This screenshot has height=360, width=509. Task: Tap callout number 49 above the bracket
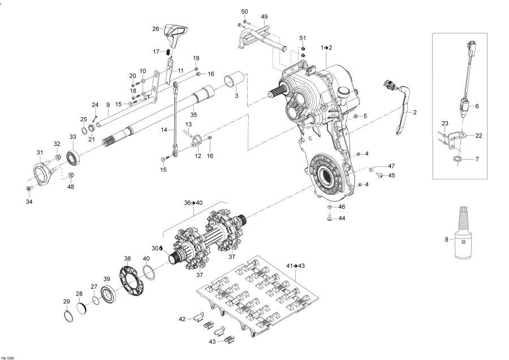[x=264, y=17]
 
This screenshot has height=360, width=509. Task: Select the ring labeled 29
[x=67, y=316]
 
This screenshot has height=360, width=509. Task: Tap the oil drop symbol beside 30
[x=161, y=248]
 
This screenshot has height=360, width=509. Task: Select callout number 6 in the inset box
[x=476, y=106]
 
